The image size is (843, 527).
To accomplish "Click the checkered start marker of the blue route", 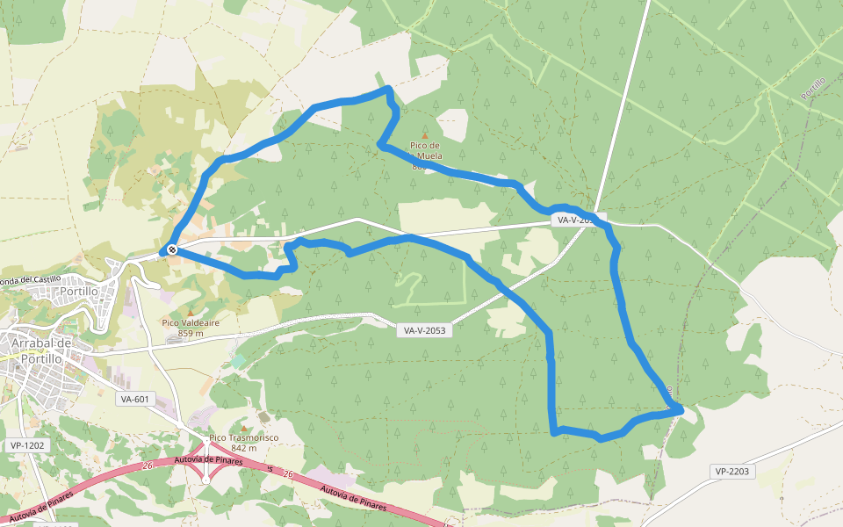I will tap(172, 250).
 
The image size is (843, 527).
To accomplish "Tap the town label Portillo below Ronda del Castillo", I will tap(79, 292).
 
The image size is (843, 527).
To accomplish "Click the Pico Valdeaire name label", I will tap(191, 322).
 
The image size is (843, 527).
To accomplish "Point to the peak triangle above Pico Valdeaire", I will tap(191, 312).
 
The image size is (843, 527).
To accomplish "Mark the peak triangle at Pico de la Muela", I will tap(426, 135).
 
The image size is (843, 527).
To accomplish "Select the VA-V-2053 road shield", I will tap(424, 331).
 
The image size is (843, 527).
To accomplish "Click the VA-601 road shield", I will tap(135, 399).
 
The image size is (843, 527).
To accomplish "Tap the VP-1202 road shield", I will tap(27, 445).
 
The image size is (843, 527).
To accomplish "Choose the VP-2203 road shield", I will tap(731, 472).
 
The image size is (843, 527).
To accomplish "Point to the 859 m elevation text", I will tap(191, 333).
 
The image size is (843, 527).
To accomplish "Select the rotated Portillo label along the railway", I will tap(813, 87).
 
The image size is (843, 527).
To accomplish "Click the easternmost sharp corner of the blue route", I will tap(681, 408).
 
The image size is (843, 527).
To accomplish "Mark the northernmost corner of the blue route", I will tap(387, 89).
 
